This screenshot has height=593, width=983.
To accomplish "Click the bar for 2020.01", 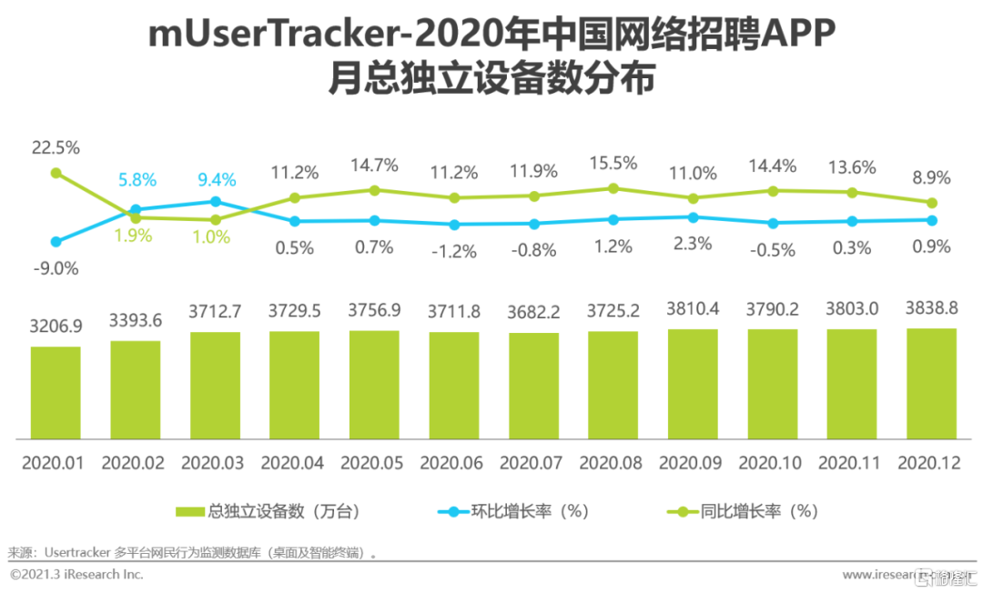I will tap(56, 391).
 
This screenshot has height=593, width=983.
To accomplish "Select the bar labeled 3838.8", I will tap(931, 382).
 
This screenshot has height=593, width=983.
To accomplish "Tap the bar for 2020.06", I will tap(453, 384).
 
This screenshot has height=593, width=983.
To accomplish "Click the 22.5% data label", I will tap(56, 147).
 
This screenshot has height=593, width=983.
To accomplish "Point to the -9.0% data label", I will tap(56, 268).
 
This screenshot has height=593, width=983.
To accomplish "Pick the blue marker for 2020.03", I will tap(215, 201).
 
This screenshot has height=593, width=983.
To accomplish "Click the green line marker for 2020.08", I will tap(613, 188).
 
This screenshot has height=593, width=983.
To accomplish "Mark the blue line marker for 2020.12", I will tap(931, 219).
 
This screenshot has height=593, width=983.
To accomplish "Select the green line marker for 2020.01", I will tap(56, 172).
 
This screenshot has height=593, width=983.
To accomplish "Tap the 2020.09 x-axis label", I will tap(691, 463).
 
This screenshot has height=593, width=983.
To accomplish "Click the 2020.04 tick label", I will tap(293, 463).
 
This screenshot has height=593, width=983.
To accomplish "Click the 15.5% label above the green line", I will tap(613, 164).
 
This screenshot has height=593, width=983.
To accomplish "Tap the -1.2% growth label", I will tap(453, 250).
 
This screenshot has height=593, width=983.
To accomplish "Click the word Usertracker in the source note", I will tap(77, 552).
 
